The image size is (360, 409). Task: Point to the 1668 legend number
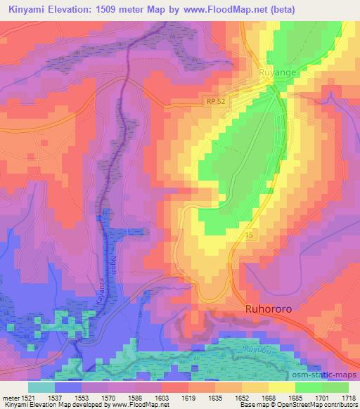(268, 398)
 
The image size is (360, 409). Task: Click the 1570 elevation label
(108, 398)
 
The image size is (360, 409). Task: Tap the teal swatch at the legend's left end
(41, 387)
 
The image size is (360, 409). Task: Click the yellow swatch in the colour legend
(281, 387)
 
